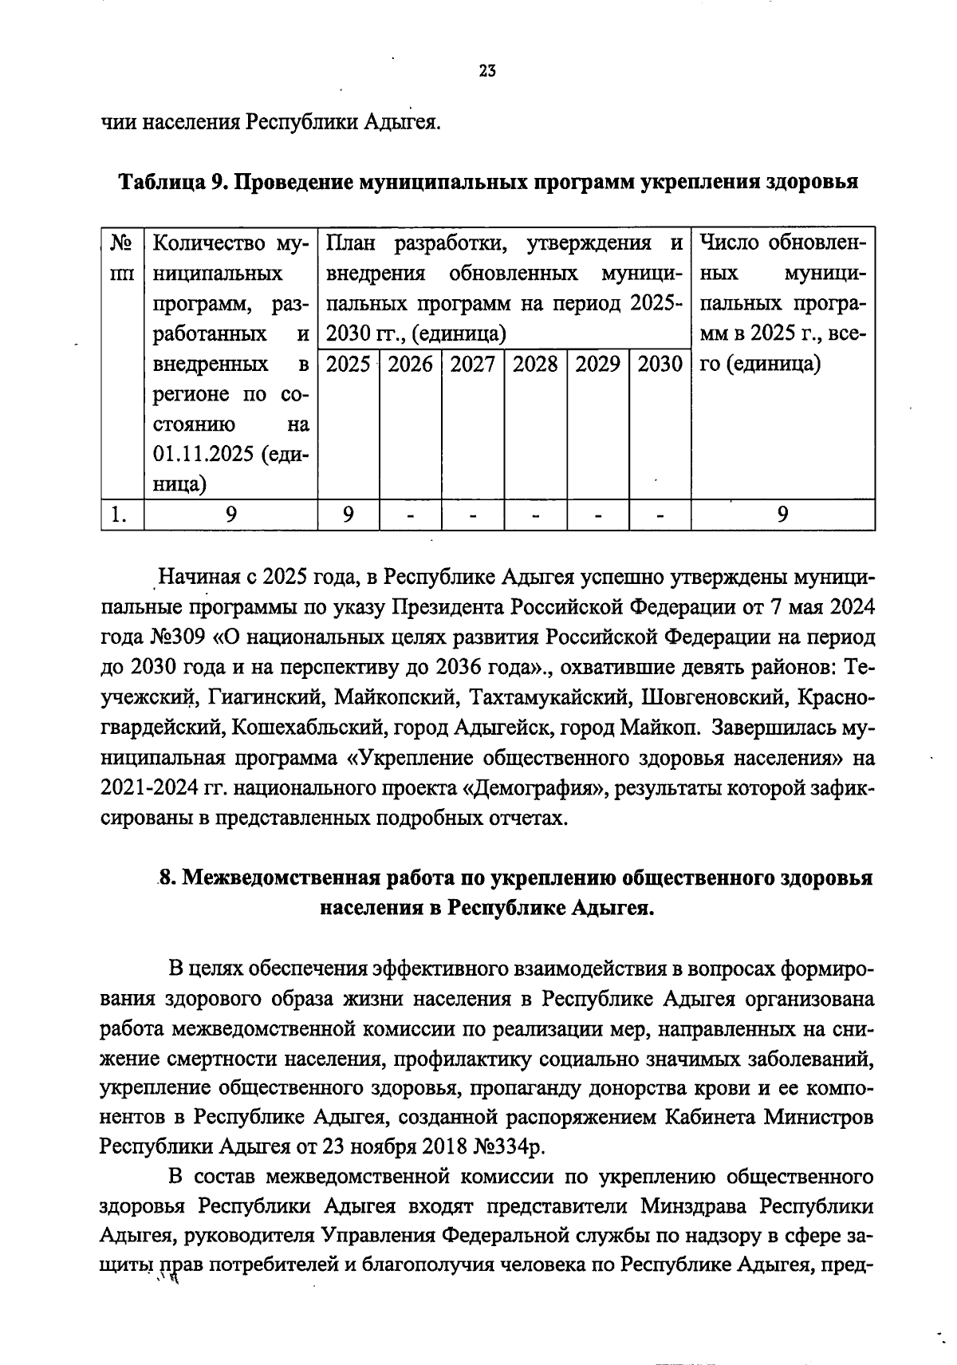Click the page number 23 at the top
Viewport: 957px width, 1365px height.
pyautogui.click(x=487, y=71)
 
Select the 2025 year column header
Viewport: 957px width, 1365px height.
pyautogui.click(x=349, y=365)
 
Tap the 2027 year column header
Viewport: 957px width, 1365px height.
pyautogui.click(x=472, y=365)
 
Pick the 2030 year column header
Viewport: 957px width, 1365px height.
pyautogui.click(x=660, y=365)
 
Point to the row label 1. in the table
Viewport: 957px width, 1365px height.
pyautogui.click(x=119, y=515)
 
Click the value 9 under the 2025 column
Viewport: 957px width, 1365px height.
pyautogui.click(x=349, y=515)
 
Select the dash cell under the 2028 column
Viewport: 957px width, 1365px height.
pyautogui.click(x=535, y=515)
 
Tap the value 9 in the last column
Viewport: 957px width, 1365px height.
pyautogui.click(x=783, y=515)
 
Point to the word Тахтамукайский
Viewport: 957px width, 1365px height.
pyautogui.click(x=551, y=697)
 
